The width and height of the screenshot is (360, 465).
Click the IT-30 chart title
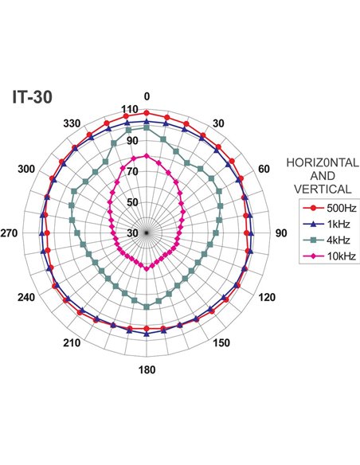pyautogui.click(x=32, y=96)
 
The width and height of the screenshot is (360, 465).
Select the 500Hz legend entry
pyautogui.click(x=330, y=208)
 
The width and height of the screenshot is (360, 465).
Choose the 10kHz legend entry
pyautogui.click(x=329, y=256)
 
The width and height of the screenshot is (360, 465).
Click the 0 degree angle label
pyautogui.click(x=147, y=96)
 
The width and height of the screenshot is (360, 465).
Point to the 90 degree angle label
pyautogui.click(x=281, y=233)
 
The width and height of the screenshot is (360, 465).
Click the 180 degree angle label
pyautogui.click(x=147, y=369)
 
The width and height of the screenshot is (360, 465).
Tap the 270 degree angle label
pyautogui.click(x=9, y=233)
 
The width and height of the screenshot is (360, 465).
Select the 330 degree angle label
pyautogui.click(x=72, y=123)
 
